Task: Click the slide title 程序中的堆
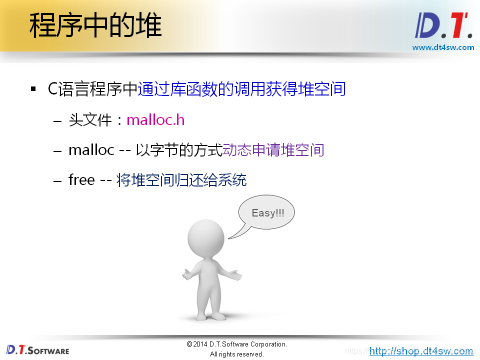(95, 26)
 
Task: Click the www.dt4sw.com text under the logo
(443, 47)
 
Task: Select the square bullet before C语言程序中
(33, 89)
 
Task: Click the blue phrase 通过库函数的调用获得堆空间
(241, 89)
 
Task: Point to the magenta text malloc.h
(155, 120)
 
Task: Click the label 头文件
(90, 120)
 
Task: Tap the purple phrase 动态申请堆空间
(273, 150)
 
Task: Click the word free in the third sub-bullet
(81, 180)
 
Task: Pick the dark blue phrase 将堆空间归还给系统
(181, 180)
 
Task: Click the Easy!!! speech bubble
(267, 213)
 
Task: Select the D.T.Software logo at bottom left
(38, 349)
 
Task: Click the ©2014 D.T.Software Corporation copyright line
(236, 344)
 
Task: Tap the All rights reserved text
(236, 354)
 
